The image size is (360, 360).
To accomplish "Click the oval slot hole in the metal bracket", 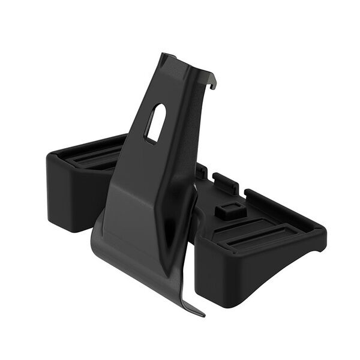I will point(155,124).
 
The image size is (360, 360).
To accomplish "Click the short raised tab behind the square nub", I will point(224,181).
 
